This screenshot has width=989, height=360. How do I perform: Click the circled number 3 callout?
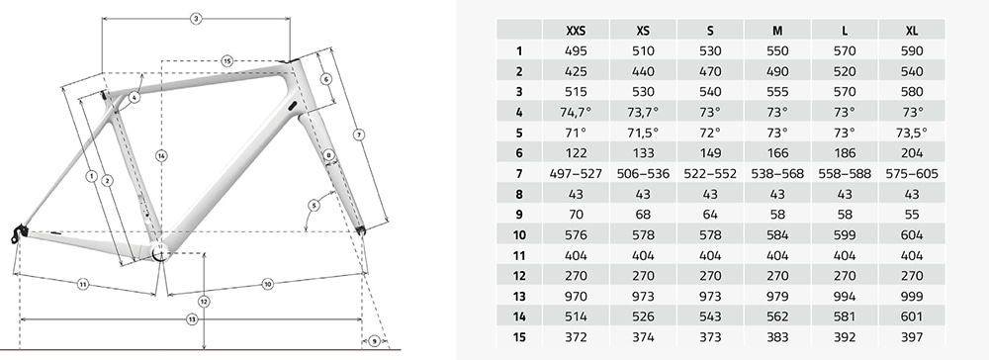(196, 19)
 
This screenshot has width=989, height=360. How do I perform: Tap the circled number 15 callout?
(227, 61)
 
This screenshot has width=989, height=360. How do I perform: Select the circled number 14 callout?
(161, 155)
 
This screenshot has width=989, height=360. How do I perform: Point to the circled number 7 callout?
(358, 135)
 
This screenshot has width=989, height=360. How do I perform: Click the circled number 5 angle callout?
(315, 205)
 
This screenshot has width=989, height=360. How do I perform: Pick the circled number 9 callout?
(374, 341)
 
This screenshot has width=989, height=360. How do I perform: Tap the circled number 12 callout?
(203, 301)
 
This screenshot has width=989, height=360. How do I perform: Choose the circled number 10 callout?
(267, 285)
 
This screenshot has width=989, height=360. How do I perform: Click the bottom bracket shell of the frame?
(159, 251)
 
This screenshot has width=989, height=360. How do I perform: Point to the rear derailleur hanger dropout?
(20, 232)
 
